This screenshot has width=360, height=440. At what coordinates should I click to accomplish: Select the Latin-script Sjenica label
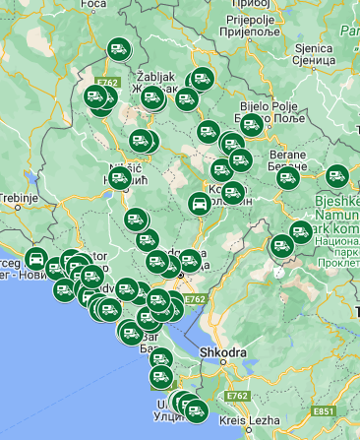click(x=315, y=46)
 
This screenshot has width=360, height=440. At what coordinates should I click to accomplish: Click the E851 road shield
click(x=324, y=409)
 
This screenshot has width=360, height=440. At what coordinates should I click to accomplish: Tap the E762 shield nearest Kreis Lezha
click(x=236, y=396)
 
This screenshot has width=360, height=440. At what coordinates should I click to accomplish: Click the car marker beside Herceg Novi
click(x=36, y=261)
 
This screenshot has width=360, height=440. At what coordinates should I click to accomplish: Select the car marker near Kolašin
click(x=199, y=205)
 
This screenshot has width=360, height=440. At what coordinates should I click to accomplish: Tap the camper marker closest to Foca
click(x=119, y=48)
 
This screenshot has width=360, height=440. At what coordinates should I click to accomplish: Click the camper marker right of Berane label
click(x=337, y=177)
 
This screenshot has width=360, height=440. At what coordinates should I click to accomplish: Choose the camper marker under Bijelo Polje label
click(x=251, y=124)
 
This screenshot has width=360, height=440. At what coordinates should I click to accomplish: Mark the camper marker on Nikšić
click(x=120, y=178)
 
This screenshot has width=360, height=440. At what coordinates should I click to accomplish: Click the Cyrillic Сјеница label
click(x=315, y=59)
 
